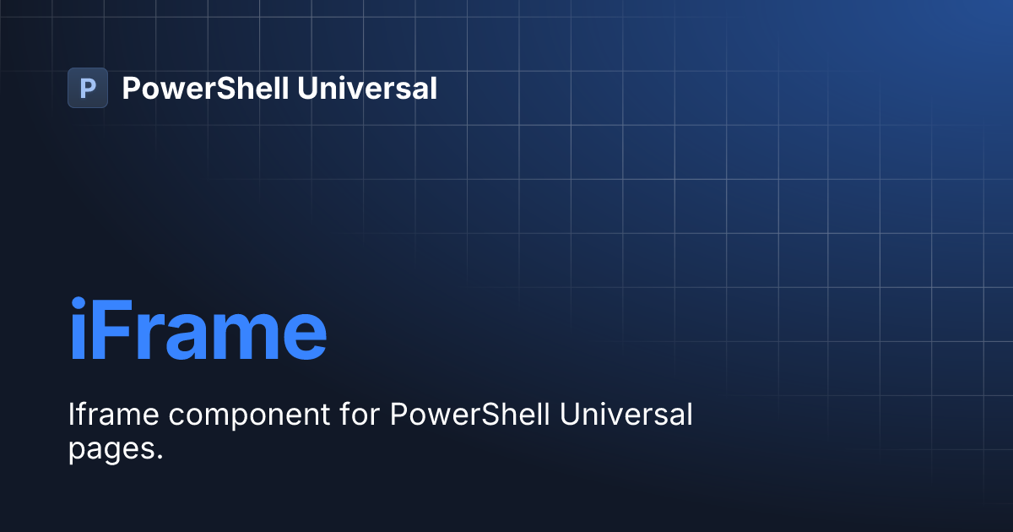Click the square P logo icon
(88, 88)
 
